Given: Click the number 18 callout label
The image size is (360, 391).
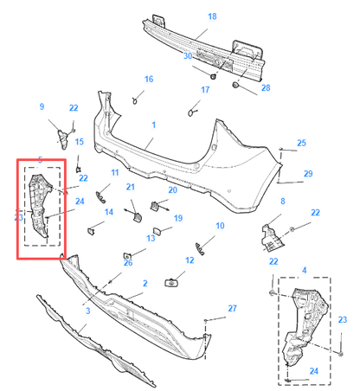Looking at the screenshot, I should coord(212,16).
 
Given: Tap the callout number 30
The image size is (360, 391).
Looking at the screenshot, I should coord(188,55).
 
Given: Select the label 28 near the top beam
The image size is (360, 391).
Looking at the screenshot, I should coord(266,88).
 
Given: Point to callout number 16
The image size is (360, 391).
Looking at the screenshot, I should coord(148,80).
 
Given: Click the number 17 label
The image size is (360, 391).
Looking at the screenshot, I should coord(205,90).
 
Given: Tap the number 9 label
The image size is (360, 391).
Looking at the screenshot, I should coord(41,106).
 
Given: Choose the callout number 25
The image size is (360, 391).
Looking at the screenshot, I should coord(301,143).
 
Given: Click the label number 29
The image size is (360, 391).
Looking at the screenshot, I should coord(307,174).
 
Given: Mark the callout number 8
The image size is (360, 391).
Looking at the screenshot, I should coord(281,201).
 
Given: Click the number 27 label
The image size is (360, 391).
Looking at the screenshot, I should coord(231,308).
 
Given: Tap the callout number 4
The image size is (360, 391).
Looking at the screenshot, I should coord(304,271).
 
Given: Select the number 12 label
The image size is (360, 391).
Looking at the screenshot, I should coord(190,260).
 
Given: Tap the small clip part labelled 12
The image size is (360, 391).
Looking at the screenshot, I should coord(173,282).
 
